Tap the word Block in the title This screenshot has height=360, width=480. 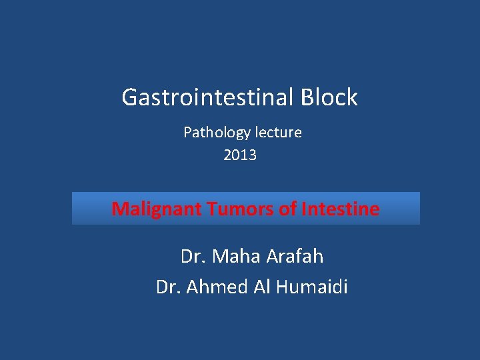329,98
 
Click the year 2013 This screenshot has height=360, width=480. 240,155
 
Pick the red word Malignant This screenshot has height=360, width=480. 157,209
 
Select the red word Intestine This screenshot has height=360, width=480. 341,209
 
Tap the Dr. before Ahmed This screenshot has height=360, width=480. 168,287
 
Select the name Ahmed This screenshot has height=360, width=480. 217,287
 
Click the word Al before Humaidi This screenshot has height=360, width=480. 263,287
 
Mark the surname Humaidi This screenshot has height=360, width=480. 313,287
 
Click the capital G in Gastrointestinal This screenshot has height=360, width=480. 130,98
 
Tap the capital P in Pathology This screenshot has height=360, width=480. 187,133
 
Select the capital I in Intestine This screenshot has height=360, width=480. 304,209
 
